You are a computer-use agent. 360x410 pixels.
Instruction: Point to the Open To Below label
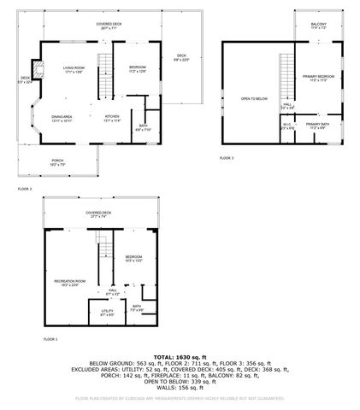[250, 98]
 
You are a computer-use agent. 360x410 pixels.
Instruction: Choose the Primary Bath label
[318, 126]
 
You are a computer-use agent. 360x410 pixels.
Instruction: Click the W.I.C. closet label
[287, 126]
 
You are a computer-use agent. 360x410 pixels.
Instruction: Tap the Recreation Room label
[70, 282]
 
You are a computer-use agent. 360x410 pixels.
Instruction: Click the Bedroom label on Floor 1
[133, 258]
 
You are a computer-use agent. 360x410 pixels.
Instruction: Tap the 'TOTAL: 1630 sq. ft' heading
[180, 357]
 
